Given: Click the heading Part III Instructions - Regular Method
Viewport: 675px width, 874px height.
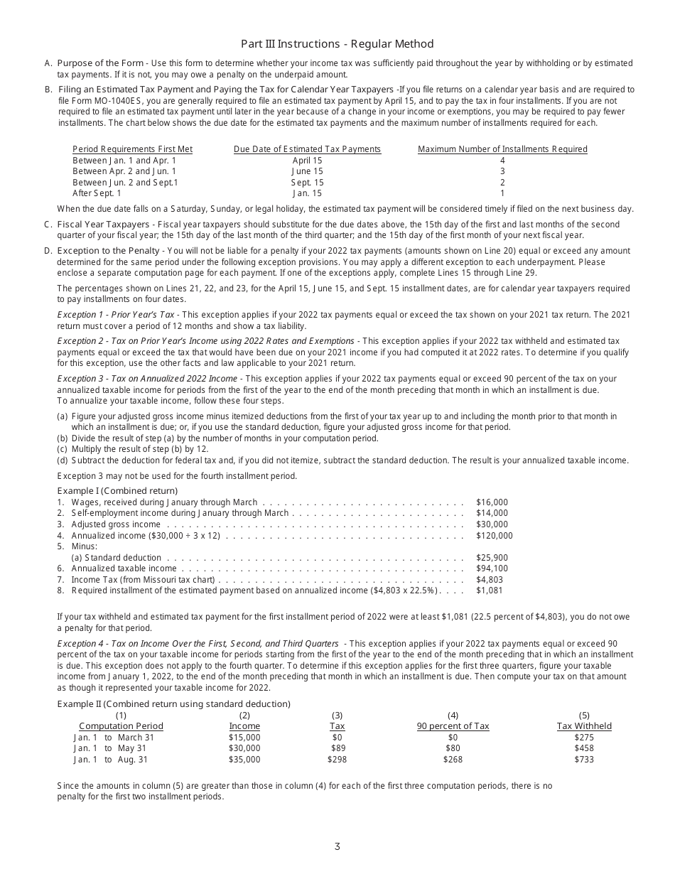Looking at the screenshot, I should pyautogui.click(x=337, y=44).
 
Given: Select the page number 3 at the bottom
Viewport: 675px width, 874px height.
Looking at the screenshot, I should pyautogui.click(x=337, y=846).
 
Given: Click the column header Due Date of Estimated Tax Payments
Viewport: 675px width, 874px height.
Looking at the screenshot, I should pyautogui.click(x=307, y=149).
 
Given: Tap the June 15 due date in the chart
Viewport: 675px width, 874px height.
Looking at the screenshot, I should pyautogui.click(x=307, y=171).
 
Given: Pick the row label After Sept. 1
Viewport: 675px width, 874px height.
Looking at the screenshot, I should pyautogui.click(x=97, y=193).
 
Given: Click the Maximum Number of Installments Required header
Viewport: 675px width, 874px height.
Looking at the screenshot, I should pyautogui.click(x=502, y=149).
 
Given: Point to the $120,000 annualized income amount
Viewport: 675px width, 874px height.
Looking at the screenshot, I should pyautogui.click(x=494, y=536).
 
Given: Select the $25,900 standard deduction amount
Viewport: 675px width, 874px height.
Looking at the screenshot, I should pyautogui.click(x=492, y=558).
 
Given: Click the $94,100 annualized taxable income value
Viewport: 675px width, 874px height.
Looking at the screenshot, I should pyautogui.click(x=492, y=568).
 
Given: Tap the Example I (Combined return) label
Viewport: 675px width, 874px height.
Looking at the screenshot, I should pyautogui.click(x=117, y=491).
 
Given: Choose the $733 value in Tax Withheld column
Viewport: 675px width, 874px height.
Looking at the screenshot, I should pyautogui.click(x=584, y=760).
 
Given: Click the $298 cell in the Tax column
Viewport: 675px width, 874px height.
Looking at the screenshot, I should pyautogui.click(x=337, y=760).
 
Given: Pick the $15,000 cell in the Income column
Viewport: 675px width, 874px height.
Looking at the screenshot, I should pyautogui.click(x=244, y=738).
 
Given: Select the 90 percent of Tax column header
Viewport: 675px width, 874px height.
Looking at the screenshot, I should pyautogui.click(x=453, y=726).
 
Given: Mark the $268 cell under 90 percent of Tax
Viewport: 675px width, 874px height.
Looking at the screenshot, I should pyautogui.click(x=453, y=760).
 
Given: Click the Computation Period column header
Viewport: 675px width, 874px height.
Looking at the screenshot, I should pyautogui.click(x=121, y=726).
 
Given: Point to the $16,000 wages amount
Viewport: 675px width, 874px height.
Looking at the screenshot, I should pyautogui.click(x=492, y=502).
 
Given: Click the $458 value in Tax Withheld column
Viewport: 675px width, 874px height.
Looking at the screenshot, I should pyautogui.click(x=584, y=748).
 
